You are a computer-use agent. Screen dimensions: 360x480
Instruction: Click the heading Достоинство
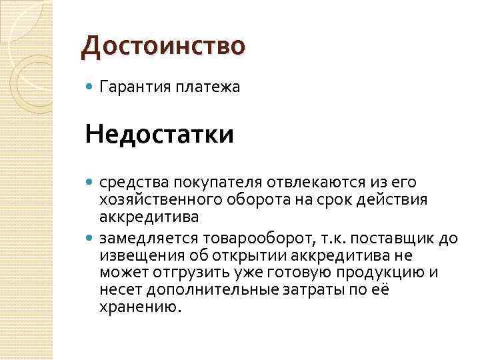163,46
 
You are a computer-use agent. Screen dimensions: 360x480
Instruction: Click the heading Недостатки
159,135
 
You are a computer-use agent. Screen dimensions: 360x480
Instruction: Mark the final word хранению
139,309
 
